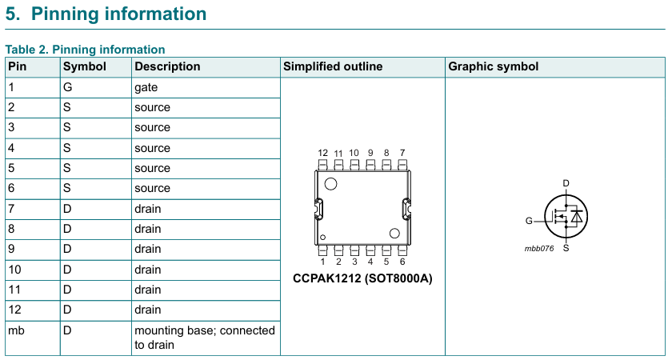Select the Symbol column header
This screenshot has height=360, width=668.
85,66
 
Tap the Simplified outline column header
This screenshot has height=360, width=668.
333,66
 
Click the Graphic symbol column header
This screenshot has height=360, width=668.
494,66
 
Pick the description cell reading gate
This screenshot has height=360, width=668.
146,87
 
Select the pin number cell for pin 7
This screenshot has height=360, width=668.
11,209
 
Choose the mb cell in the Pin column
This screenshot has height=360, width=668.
15,330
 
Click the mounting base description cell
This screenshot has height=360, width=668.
204,337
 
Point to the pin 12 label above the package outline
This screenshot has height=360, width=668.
322,153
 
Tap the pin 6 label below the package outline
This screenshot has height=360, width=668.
402,262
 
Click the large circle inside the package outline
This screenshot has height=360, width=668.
330,184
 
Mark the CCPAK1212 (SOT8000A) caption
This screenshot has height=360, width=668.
363,278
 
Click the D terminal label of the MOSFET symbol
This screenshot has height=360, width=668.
566,183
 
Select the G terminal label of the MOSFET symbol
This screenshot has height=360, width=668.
529,221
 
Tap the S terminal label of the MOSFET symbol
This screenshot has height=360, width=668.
566,248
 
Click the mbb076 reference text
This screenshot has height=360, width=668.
539,248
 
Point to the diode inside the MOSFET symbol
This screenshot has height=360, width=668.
576,216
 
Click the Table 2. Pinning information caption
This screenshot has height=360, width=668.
85,50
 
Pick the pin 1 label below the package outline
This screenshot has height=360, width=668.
322,262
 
